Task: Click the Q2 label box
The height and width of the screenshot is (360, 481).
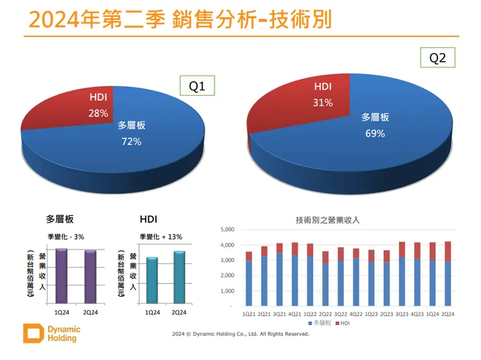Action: point(438,58)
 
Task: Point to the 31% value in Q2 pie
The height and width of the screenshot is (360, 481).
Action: point(323,103)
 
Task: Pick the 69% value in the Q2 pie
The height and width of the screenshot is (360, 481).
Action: point(375,133)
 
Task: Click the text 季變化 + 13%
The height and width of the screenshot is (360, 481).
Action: point(161,237)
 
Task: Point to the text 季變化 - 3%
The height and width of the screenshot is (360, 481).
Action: point(66,237)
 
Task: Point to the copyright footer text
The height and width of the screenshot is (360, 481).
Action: point(240,334)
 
